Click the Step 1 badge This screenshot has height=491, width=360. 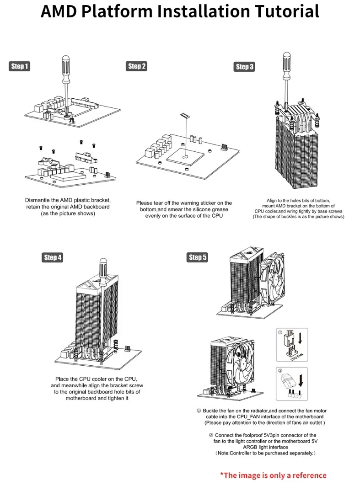pos(20,67)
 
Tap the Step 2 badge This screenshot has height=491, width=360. pos(136,66)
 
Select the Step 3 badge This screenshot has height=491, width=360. pos(245,67)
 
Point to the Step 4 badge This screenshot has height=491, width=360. pos(53,257)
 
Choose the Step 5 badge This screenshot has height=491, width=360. pos(198,257)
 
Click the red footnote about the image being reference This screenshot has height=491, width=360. pos(273,475)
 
